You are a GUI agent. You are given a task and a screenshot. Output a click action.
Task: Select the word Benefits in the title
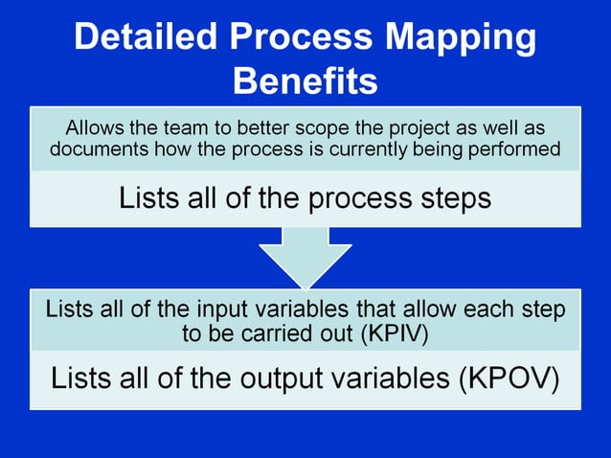click(305, 80)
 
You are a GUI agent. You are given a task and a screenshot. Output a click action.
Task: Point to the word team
click(182, 127)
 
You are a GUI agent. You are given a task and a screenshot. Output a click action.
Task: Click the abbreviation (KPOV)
click(508, 378)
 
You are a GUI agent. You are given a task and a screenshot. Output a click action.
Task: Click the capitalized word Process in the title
click(312, 37)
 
